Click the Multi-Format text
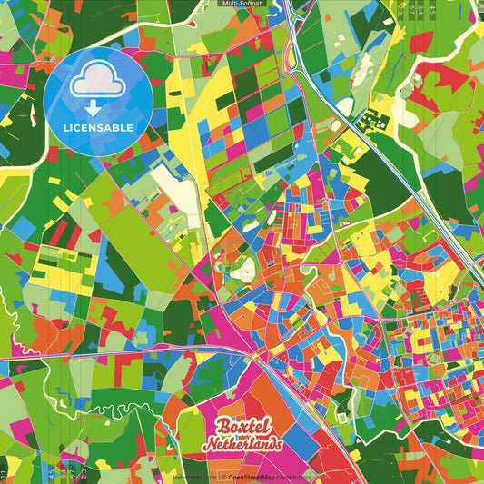click(242, 4)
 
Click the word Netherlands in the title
click(242, 445)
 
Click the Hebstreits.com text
click(193, 476)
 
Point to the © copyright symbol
click(222, 476)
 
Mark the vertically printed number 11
click(4, 473)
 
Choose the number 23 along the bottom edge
click(83, 473)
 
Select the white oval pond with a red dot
click(243, 270)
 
